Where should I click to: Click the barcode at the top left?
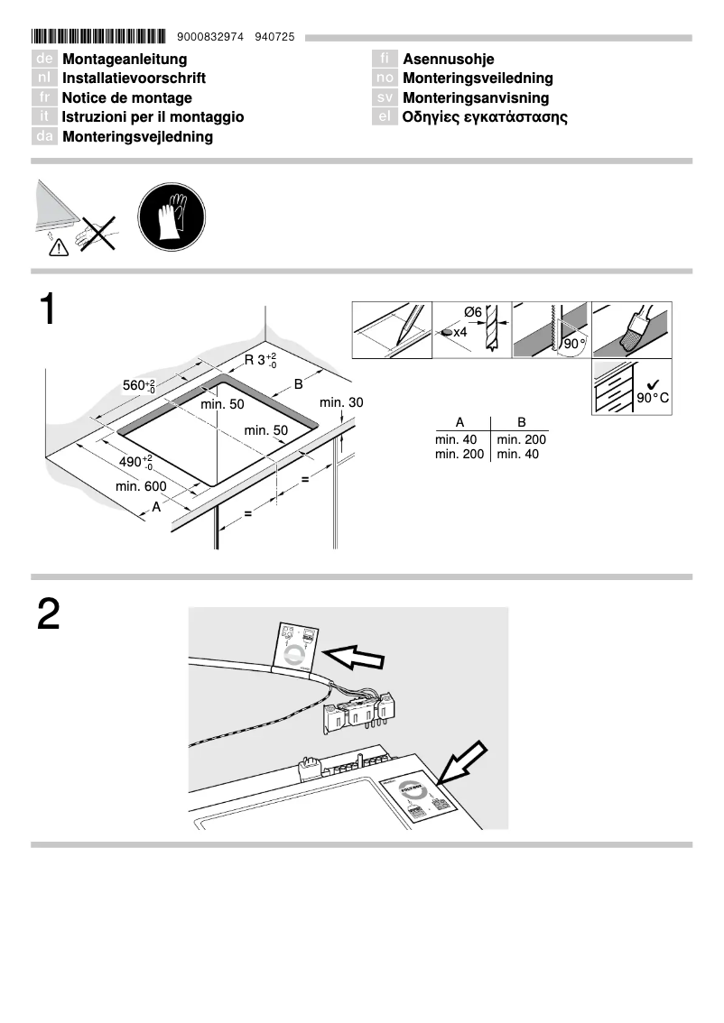[x=98, y=37]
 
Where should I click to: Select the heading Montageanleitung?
[x=125, y=60]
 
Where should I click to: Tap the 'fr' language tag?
[x=44, y=98]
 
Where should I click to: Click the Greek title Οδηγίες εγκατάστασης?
[x=485, y=117]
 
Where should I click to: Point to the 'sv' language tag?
[x=385, y=98]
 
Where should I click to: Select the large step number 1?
[x=47, y=309]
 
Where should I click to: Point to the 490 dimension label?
[x=136, y=464]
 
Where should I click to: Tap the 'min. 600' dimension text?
[x=141, y=487]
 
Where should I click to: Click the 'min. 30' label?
[x=341, y=402]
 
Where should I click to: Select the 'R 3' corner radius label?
[x=261, y=361]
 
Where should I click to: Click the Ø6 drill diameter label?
[x=473, y=312]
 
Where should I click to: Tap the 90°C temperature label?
[x=652, y=397]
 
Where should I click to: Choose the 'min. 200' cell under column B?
[x=522, y=439]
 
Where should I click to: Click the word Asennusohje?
[x=448, y=60]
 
